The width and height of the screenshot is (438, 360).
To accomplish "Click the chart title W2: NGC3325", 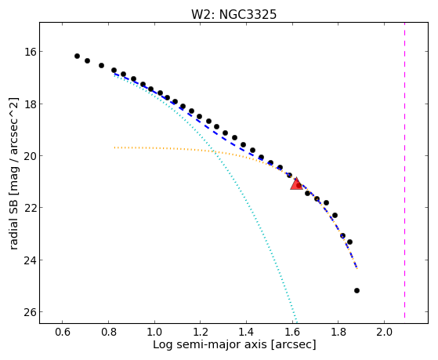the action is point(233,14).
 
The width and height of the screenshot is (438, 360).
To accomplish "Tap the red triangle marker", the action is point(296,184).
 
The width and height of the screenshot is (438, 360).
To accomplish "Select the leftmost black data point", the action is point(77,56).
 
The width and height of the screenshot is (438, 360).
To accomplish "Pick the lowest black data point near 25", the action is point(357,291).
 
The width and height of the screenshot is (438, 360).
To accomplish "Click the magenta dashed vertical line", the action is point(404,173).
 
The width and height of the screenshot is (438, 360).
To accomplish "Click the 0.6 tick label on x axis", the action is point(63,332).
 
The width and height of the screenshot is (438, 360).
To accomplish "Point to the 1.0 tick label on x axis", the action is point(154,332).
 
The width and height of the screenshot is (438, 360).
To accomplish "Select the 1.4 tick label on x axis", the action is point(246,332).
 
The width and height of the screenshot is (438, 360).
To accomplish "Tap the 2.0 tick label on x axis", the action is point(384,332).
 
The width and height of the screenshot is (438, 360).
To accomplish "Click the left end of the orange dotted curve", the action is point(114,147).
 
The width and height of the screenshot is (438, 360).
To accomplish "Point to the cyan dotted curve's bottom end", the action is point(297,322).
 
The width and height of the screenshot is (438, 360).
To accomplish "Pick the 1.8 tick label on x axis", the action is point(338,332).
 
